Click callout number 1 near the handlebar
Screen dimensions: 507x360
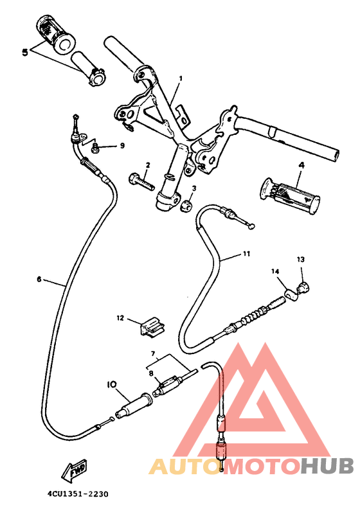181,78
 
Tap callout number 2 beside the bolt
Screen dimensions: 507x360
147,165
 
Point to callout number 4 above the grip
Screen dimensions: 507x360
300,165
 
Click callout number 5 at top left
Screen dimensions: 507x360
25,52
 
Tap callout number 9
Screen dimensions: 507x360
122,146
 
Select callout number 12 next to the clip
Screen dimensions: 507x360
120,317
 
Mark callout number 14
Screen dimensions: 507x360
275,272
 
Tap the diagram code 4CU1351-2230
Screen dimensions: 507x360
78,494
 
